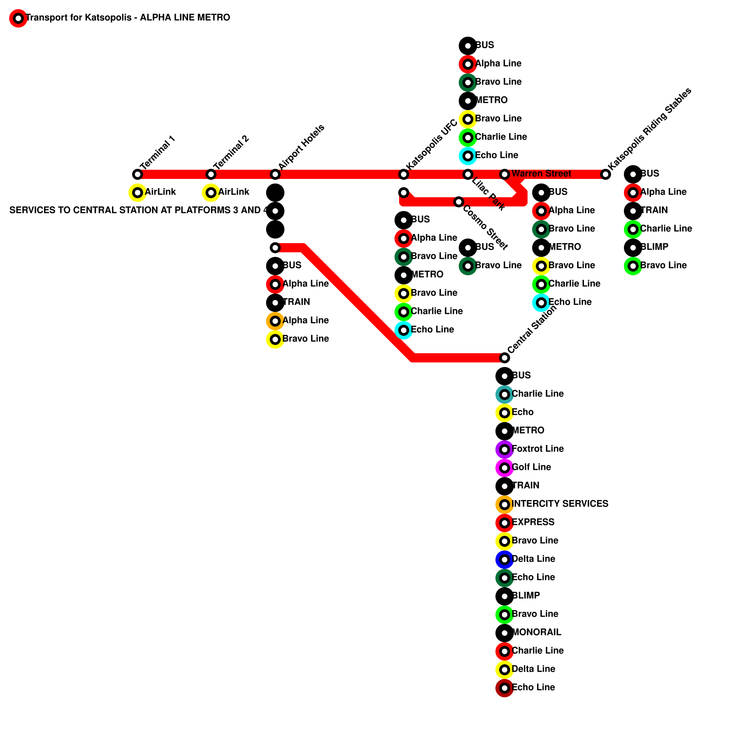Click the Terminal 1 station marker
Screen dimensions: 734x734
point(138,174)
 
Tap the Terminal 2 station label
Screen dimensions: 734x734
point(231,152)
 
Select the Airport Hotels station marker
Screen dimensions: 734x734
point(275,174)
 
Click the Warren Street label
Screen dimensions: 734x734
point(541,173)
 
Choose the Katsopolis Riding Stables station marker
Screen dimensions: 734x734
point(606,174)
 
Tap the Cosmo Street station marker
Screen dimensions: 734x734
point(459,202)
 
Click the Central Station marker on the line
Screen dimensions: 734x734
point(505,358)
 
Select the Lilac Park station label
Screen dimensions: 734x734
point(488,194)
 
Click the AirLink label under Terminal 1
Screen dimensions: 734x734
point(160,192)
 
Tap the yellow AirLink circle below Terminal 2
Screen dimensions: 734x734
point(211,193)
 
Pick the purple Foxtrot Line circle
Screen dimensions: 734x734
point(505,450)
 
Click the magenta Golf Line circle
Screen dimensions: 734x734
point(505,468)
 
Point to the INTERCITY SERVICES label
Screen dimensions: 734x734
point(560,504)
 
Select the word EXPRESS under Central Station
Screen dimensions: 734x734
point(533,522)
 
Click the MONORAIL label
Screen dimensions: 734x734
point(536,632)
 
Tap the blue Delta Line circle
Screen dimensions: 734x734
point(505,560)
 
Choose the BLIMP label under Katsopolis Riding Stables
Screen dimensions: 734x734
point(654,247)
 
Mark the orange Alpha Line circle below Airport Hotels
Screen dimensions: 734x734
point(275,321)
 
